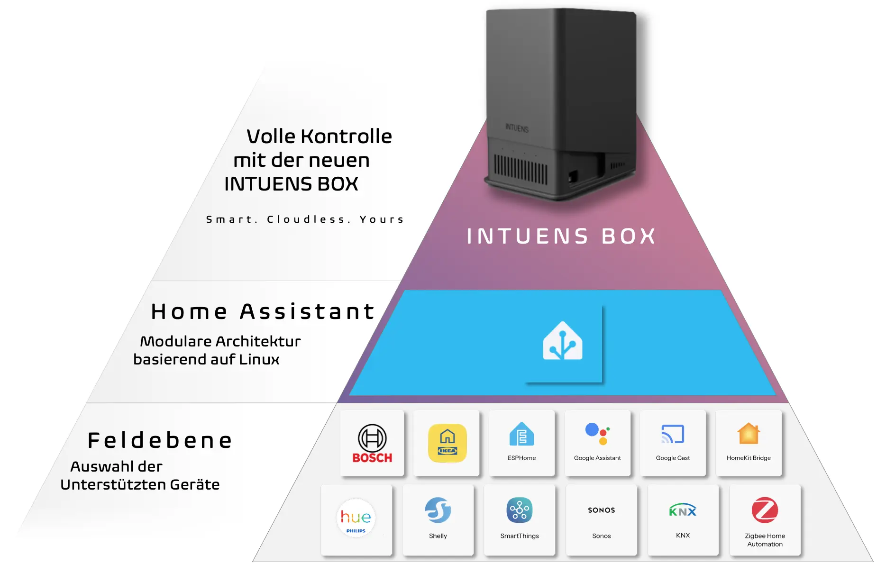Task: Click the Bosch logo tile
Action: [x=372, y=443]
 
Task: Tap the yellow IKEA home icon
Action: [x=447, y=443]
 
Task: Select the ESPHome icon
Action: [x=521, y=434]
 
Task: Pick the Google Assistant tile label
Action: [x=597, y=458]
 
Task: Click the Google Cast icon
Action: [x=673, y=434]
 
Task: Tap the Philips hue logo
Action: [x=356, y=518]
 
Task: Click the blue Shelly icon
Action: [x=438, y=510]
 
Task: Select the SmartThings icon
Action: [x=519, y=510]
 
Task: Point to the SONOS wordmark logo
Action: [x=601, y=510]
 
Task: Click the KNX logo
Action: [x=683, y=510]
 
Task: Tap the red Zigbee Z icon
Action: [x=765, y=510]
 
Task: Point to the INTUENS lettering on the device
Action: [x=517, y=128]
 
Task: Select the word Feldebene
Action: [x=160, y=440]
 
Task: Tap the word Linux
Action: [x=259, y=359]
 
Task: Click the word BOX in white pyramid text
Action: [x=629, y=236]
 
